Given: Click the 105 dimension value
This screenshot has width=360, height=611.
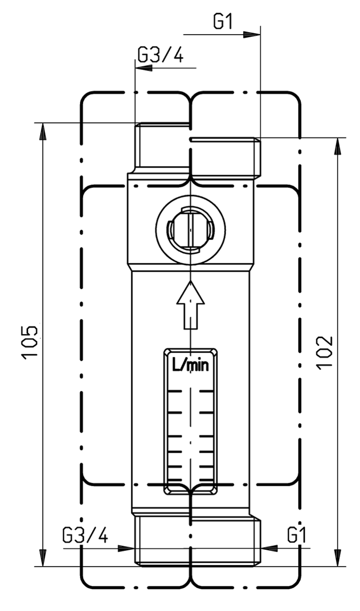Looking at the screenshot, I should (x=31, y=342).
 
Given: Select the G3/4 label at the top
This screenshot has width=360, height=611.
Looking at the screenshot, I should (x=161, y=55).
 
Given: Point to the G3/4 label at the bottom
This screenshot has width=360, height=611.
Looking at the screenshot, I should (x=85, y=536).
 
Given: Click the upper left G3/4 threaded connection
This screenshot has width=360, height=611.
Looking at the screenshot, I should (x=162, y=148).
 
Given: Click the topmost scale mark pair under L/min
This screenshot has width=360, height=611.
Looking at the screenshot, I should (x=189, y=392).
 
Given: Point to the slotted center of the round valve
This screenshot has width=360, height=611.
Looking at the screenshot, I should (x=189, y=230).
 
